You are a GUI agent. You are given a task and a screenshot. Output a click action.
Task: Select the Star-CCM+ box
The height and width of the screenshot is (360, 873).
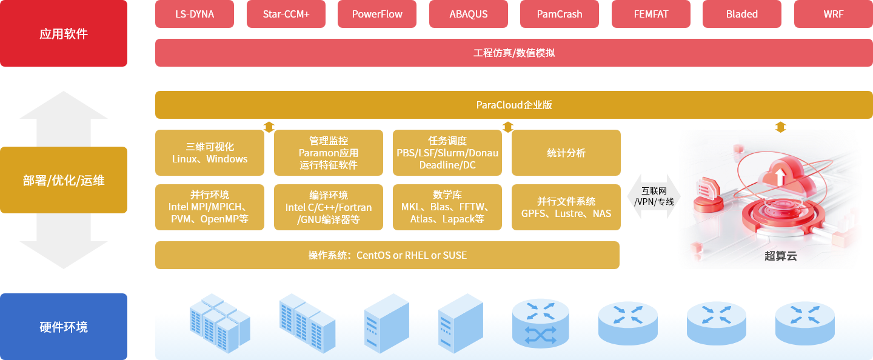(286, 14)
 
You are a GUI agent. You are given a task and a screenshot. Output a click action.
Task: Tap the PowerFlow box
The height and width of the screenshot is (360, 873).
(377, 14)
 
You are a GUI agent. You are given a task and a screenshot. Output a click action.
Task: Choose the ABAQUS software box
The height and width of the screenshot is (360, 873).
(469, 14)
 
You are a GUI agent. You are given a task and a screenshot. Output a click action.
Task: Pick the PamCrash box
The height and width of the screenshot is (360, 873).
(560, 14)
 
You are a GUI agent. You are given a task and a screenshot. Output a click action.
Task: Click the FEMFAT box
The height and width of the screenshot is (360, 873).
(651, 14)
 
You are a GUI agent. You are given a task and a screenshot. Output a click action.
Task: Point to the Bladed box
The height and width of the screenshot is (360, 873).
(742, 14)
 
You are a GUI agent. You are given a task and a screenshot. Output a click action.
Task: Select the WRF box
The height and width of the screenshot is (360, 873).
(833, 14)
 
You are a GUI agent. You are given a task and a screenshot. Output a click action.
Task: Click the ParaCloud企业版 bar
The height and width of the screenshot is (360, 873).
(513, 105)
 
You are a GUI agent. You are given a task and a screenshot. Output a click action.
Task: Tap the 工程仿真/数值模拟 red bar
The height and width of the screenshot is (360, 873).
(513, 53)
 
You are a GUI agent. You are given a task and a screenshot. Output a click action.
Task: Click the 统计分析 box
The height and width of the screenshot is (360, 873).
(566, 153)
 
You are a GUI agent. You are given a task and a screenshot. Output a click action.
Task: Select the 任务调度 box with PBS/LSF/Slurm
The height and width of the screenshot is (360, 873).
(447, 153)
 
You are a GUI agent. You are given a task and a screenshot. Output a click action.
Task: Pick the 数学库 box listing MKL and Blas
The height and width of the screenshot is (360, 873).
(447, 207)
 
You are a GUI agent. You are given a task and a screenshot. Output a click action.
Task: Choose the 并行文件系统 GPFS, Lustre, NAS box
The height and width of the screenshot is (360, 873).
(566, 207)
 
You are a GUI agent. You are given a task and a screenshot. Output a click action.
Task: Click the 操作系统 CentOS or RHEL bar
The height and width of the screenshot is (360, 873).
(387, 255)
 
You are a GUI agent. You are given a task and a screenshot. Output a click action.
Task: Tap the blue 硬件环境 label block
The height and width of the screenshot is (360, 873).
(64, 327)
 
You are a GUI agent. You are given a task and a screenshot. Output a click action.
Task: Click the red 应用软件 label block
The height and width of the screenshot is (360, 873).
(64, 33)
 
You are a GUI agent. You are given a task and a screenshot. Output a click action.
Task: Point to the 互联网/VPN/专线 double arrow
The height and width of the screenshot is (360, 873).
(654, 196)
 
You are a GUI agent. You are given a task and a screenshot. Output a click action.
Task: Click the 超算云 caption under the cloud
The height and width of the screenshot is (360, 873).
(780, 256)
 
